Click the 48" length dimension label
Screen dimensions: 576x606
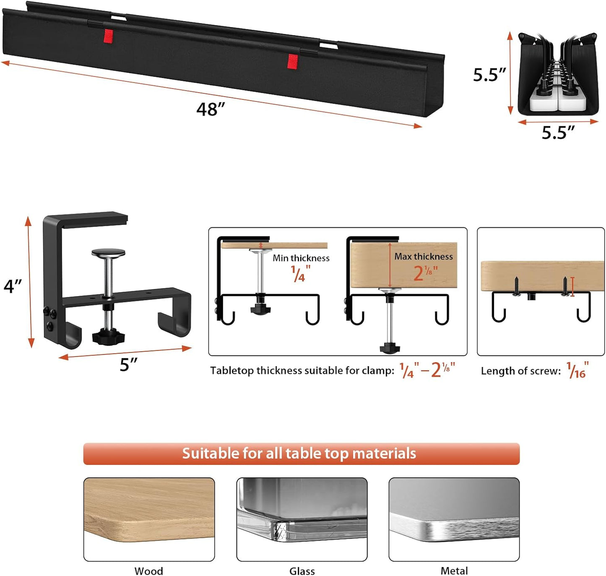pos(211,109)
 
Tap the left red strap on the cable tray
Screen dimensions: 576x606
pos(109,36)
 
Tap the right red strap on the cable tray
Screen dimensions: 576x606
pos(293,61)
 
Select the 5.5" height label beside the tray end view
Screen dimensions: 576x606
pos(489,75)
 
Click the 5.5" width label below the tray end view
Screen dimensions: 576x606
pos(558,133)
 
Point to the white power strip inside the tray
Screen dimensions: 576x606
pos(557,101)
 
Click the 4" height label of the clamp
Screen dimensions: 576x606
pos(13,286)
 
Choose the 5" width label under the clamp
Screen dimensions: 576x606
pos(128,365)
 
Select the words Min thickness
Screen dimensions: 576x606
pos(301,258)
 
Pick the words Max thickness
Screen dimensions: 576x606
pos(423,256)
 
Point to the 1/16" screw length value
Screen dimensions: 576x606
pos(577,370)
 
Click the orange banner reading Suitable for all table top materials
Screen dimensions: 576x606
pos(301,454)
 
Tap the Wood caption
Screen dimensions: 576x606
pos(148,571)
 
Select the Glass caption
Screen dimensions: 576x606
pos(302,571)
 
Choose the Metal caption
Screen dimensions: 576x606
pos(454,571)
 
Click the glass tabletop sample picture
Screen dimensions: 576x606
pos(302,519)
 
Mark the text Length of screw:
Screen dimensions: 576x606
pos(520,371)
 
